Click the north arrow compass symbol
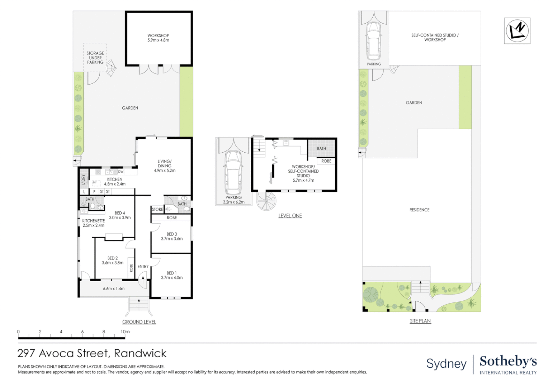517,30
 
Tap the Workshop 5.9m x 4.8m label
158,38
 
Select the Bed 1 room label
172,275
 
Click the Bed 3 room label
172,236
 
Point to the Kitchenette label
93,223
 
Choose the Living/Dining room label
165,166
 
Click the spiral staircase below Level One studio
266,201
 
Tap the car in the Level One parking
233,172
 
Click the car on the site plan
373,41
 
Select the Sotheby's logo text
508,361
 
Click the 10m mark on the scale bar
125,332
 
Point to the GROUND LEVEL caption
139,322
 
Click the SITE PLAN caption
420,321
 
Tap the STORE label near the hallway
157,209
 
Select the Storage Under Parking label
95,58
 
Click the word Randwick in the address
140,353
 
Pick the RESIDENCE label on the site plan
419,210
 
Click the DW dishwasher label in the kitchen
121,172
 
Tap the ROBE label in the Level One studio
326,161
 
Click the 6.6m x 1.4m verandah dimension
114,288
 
